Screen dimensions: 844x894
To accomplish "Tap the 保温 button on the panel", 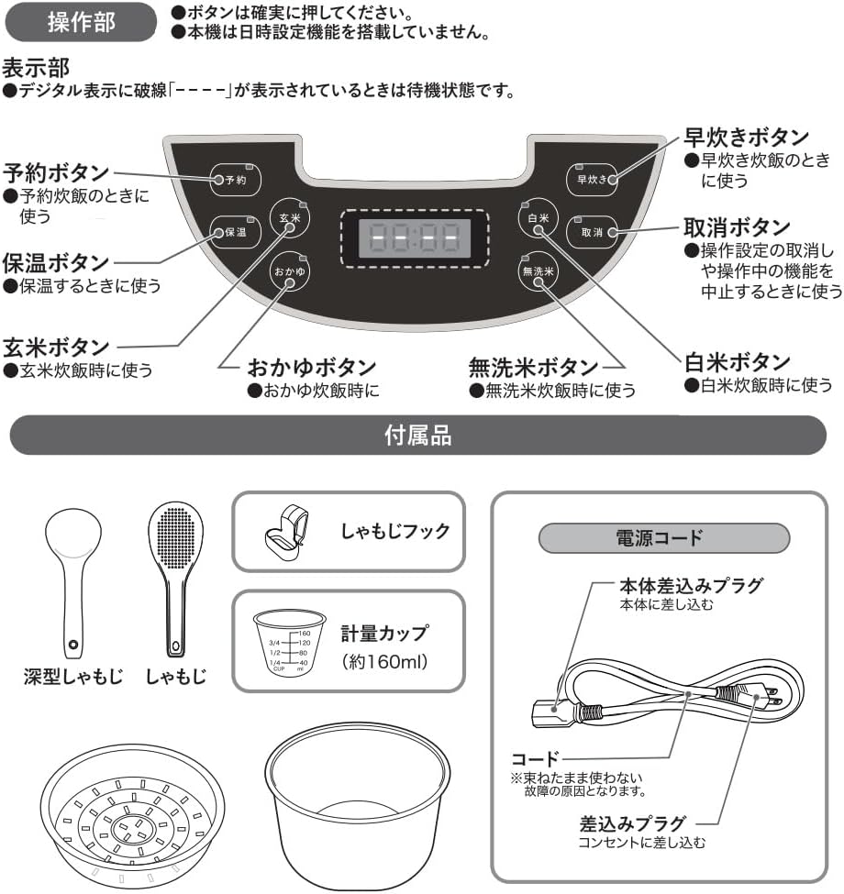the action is (x=235, y=231).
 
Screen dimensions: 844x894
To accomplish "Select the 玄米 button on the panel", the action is (x=290, y=217).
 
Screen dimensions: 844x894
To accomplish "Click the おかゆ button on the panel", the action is (x=290, y=271).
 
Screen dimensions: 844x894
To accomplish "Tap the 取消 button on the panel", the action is (x=592, y=232).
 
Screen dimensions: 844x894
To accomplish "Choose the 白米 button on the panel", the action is (x=538, y=218).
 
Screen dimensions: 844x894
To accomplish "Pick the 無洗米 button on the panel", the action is (x=538, y=271).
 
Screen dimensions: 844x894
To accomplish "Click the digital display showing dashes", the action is (x=415, y=237).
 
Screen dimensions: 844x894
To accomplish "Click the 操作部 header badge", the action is (x=81, y=22).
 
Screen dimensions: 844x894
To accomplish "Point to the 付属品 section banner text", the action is (x=418, y=435).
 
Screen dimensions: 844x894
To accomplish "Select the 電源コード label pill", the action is (x=664, y=537).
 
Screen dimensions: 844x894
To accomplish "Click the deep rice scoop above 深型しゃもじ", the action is (x=73, y=582).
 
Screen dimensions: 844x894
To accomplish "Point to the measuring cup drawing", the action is (x=290, y=642).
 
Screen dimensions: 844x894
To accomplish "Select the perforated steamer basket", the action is (x=132, y=815).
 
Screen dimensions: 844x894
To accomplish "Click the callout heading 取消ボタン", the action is (x=737, y=226).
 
